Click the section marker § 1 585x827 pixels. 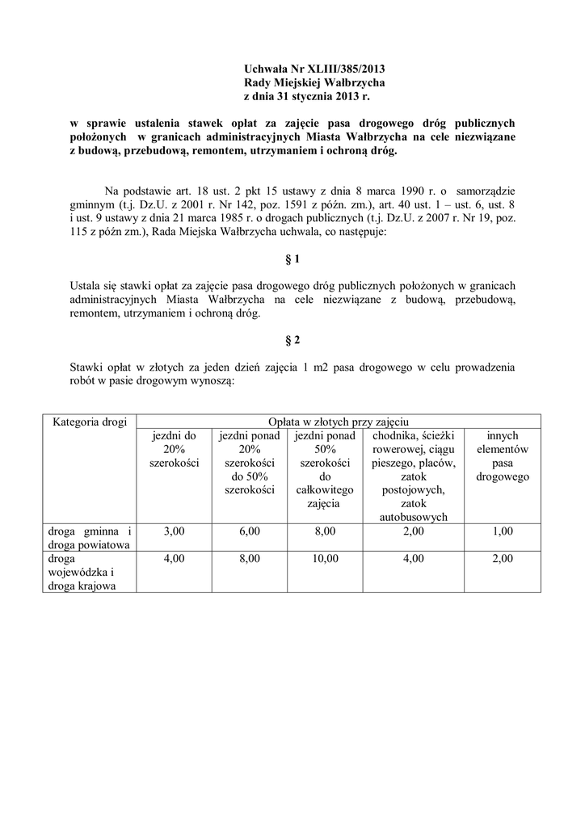point(292,260)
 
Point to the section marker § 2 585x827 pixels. point(292,342)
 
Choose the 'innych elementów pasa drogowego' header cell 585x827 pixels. point(503,456)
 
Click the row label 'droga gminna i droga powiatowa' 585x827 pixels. point(89,537)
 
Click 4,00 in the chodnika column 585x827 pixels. point(414,558)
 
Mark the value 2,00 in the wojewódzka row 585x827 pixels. point(503,558)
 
